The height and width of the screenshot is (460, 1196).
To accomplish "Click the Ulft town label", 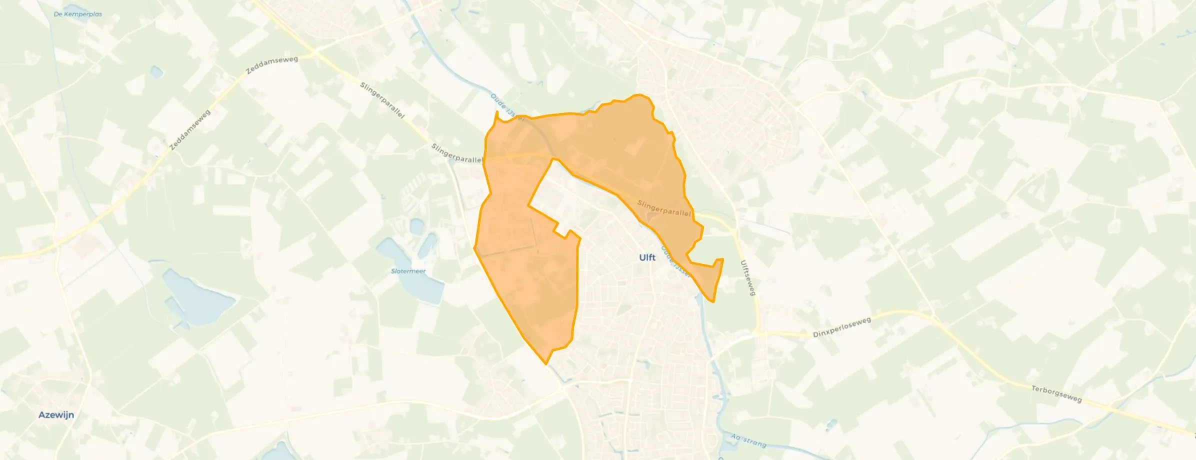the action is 647,257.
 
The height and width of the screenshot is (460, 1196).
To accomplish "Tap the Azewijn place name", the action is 56,415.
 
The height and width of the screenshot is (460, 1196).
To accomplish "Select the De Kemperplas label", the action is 77,14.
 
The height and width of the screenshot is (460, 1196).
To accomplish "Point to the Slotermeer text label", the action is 408,271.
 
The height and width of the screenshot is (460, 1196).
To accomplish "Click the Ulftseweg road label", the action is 747,277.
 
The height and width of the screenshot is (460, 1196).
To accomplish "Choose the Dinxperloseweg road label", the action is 841,327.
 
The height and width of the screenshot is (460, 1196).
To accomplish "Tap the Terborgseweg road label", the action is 1056,393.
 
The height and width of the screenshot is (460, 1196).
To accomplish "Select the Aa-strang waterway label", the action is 748,440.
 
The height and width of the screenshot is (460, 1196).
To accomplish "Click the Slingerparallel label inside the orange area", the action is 663,208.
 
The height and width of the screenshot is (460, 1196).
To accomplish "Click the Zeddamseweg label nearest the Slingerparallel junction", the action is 272,65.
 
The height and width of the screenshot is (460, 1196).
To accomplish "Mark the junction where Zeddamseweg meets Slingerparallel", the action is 314,51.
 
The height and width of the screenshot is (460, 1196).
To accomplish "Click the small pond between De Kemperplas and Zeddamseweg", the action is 156,73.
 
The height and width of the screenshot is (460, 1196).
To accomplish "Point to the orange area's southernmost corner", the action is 545,363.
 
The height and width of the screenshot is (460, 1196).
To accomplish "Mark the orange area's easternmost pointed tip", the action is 722,259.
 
